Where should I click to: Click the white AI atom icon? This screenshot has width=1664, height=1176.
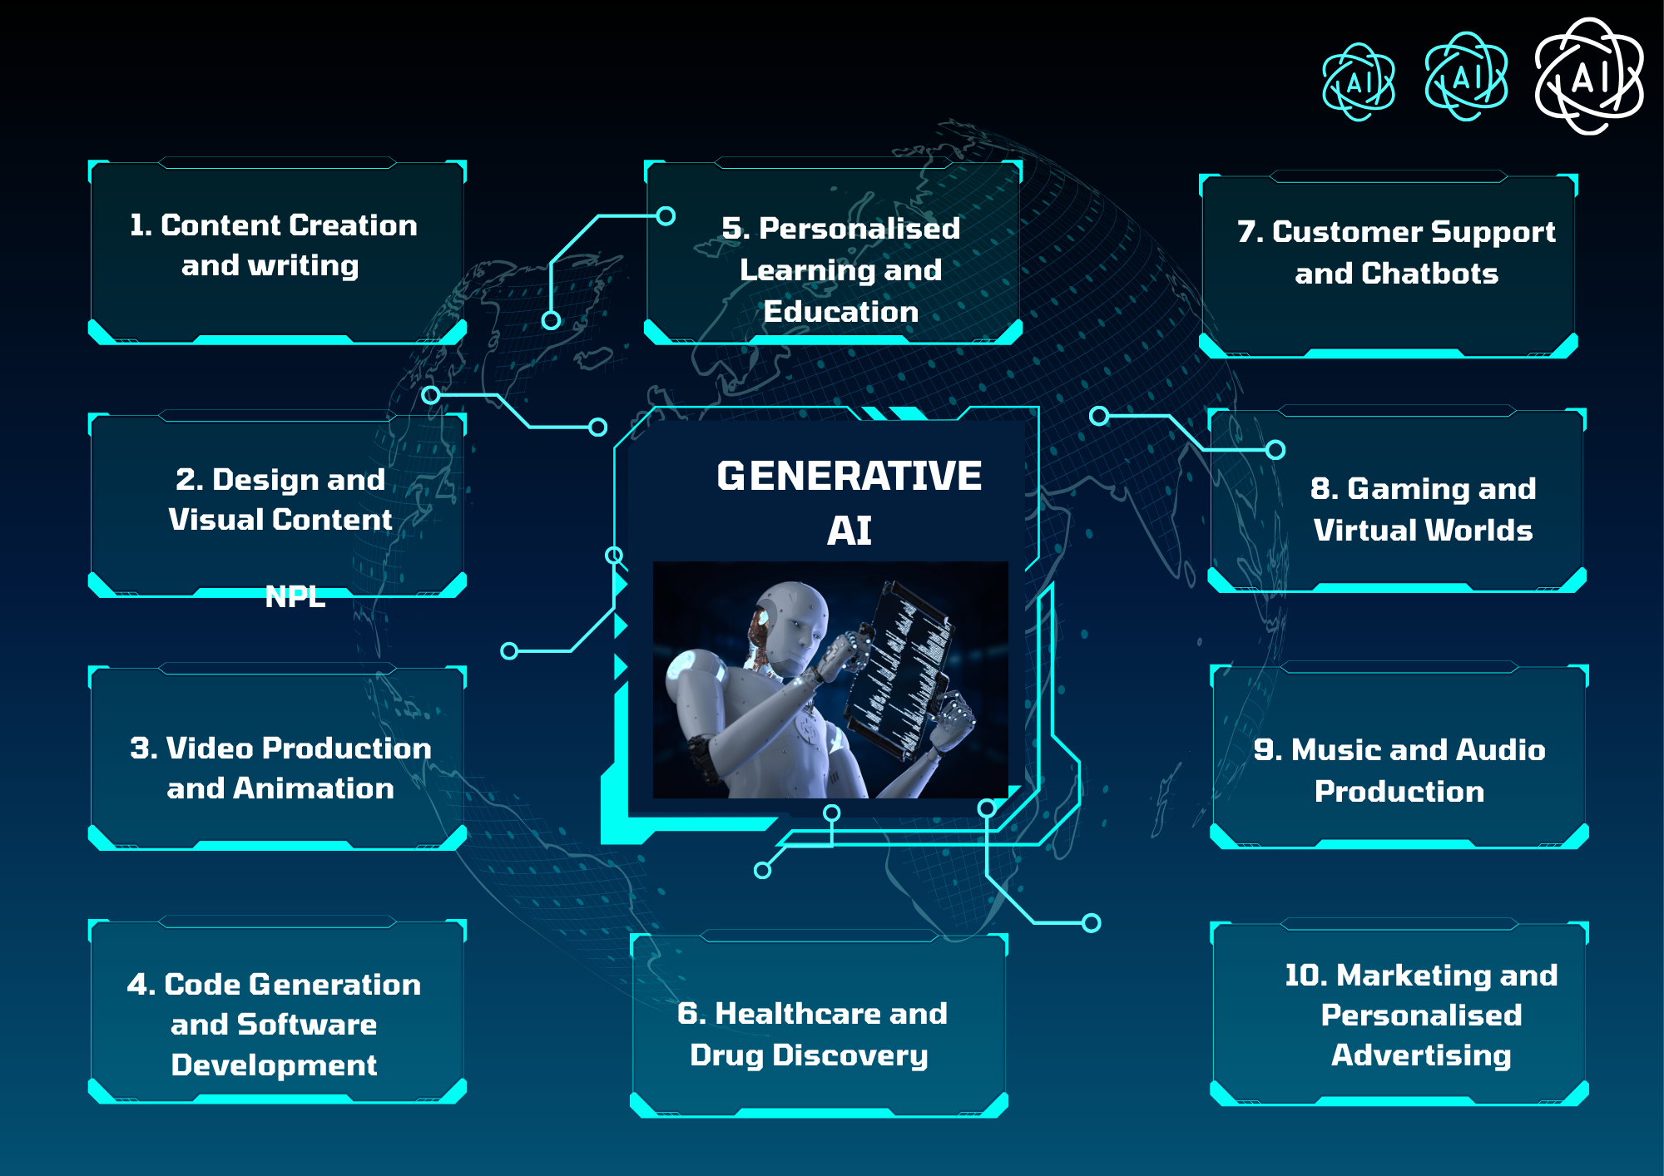(1589, 77)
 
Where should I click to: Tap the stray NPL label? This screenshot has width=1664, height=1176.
(295, 596)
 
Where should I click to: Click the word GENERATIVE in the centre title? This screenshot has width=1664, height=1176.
(849, 477)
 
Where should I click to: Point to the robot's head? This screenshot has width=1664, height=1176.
(790, 624)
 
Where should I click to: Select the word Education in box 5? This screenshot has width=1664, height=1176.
(841, 312)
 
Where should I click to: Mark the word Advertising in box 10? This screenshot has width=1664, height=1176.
(1421, 1055)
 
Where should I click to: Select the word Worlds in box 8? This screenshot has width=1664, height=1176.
(1483, 531)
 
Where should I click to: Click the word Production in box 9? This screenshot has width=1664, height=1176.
(1399, 792)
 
